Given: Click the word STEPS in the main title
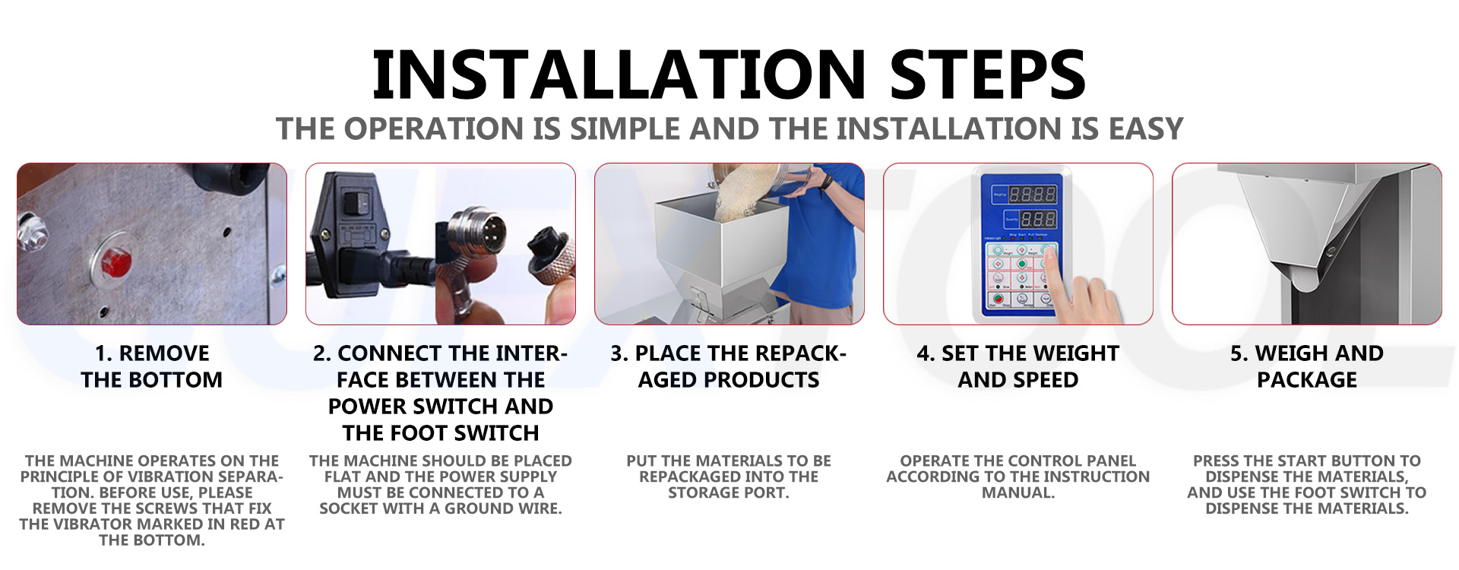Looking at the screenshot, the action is [988, 74].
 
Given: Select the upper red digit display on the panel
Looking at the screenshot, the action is [1032, 195].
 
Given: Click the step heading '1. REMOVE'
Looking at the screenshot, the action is [152, 353].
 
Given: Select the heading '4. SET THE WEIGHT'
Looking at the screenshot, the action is [1018, 353].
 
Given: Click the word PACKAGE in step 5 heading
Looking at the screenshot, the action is [1307, 380].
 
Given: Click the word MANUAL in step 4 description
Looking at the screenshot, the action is [1018, 492].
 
